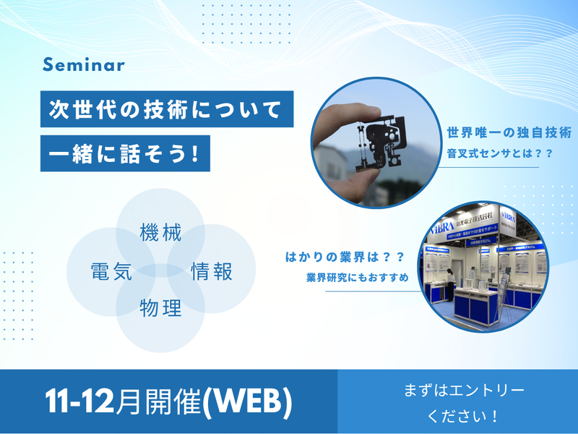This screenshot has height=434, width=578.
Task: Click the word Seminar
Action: click(x=84, y=64)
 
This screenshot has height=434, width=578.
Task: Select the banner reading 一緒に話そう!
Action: click(x=124, y=153)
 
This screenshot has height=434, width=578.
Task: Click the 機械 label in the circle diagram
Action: click(x=160, y=234)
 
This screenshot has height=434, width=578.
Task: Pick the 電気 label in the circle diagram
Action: click(x=110, y=272)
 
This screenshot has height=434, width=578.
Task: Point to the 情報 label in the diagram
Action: click(x=212, y=272)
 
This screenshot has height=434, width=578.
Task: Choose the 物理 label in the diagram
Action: click(x=160, y=309)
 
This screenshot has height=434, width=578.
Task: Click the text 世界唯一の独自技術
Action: click(x=509, y=134)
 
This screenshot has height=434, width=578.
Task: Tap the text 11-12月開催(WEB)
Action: click(x=168, y=402)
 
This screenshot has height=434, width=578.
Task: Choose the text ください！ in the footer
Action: click(x=463, y=417)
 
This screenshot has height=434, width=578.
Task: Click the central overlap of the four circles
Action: click(x=160, y=271)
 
